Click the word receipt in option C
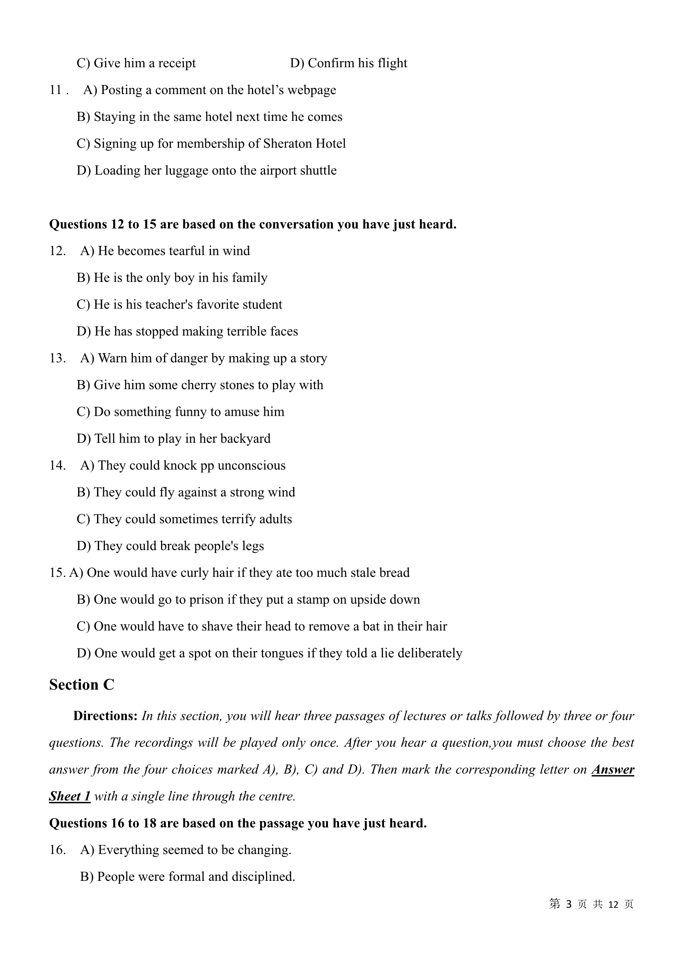pos(177,64)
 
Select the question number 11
pos(55,90)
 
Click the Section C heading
pos(82,685)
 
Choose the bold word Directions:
pos(105,716)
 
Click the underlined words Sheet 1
pos(70,796)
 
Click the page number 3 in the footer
pos(569,904)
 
